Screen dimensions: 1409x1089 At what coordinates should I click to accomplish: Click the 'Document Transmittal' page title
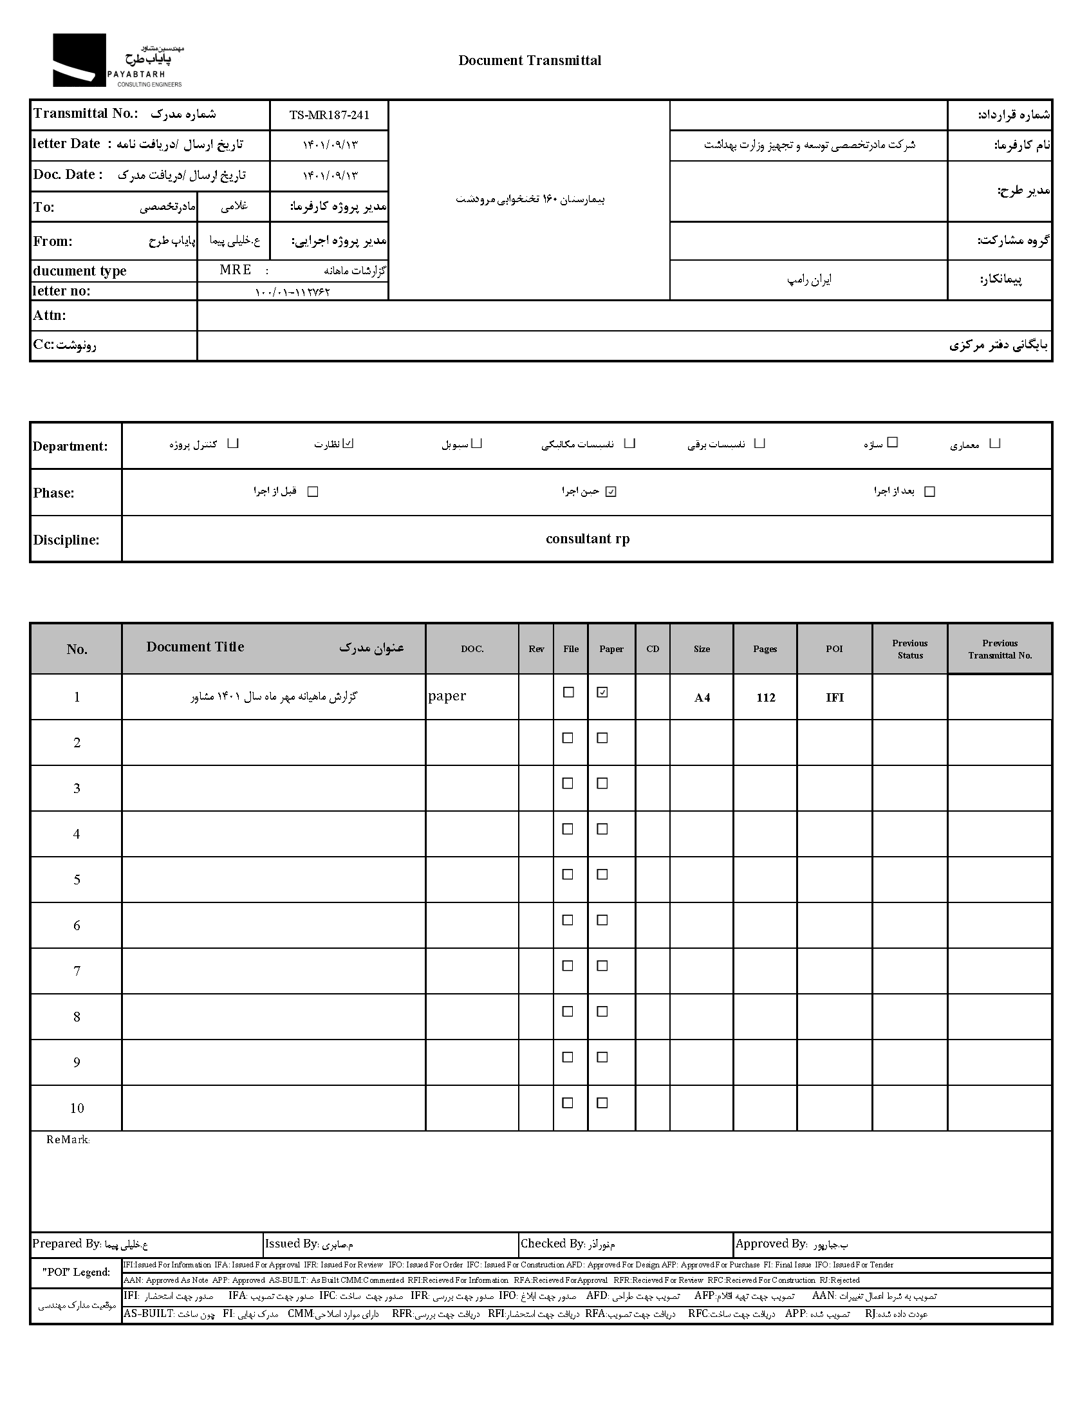pos(529,61)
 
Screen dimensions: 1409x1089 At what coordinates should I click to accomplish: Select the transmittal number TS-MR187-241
pos(329,115)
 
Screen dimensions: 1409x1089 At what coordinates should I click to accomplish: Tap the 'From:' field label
pos(53,241)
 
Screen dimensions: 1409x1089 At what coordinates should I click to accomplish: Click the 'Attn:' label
pos(50,315)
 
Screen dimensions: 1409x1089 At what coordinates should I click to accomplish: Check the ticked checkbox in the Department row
pos(348,443)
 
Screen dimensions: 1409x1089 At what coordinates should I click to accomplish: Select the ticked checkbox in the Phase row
pos(611,492)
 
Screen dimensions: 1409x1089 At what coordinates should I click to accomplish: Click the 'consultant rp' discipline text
pos(587,539)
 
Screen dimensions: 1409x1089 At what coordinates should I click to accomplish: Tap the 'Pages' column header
pos(765,649)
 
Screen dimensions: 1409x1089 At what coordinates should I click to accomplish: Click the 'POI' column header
pos(834,649)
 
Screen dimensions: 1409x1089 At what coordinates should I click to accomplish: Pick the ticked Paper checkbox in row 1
pos(602,692)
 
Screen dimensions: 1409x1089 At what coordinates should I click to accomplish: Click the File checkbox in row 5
pos(568,874)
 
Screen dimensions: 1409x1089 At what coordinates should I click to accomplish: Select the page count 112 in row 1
pos(765,697)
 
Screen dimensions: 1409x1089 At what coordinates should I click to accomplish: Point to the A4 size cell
pos(702,697)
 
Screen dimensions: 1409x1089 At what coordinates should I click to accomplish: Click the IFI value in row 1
pos(834,697)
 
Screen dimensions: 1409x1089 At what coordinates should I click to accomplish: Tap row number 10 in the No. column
pos(77,1108)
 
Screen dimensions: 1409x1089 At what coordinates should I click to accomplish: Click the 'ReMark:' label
pos(68,1140)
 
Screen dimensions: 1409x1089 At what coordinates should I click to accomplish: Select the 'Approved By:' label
pos(771,1244)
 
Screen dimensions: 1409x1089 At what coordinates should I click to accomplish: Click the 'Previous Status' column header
pos(909,649)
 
